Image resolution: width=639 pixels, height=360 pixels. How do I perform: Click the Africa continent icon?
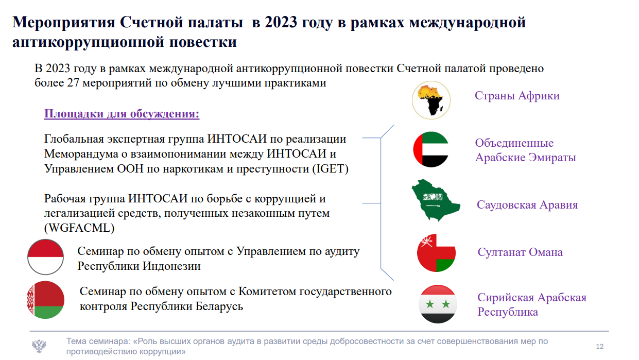[x=431, y=100]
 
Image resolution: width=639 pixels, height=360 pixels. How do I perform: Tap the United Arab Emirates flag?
[x=431, y=149]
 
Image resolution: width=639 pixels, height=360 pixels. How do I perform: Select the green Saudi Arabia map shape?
[x=435, y=200]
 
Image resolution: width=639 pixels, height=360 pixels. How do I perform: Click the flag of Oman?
[x=436, y=253]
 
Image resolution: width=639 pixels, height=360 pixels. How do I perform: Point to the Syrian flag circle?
[x=438, y=304]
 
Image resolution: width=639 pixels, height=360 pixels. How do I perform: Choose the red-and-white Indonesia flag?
[x=45, y=257]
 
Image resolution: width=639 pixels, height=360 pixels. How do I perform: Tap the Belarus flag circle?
[x=45, y=300]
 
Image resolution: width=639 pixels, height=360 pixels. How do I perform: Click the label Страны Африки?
[x=517, y=96]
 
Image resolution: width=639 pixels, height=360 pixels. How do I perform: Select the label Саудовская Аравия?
[x=527, y=205]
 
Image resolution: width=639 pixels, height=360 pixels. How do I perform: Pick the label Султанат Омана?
[x=520, y=252]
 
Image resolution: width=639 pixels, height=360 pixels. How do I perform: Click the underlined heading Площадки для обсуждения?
[x=122, y=113]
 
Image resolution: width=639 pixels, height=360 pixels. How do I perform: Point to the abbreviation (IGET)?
[x=331, y=169]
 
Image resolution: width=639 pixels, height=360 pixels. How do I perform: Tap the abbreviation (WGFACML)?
[x=79, y=228]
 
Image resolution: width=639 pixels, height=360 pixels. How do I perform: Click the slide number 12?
[x=600, y=346]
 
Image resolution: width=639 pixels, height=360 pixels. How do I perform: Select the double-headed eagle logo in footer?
[x=39, y=346]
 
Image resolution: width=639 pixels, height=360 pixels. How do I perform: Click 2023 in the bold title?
[x=281, y=22]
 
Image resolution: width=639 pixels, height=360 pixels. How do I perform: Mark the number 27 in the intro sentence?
[x=73, y=83]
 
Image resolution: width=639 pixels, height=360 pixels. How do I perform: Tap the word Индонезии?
[x=171, y=266]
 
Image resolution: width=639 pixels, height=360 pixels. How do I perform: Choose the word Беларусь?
[x=219, y=306]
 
